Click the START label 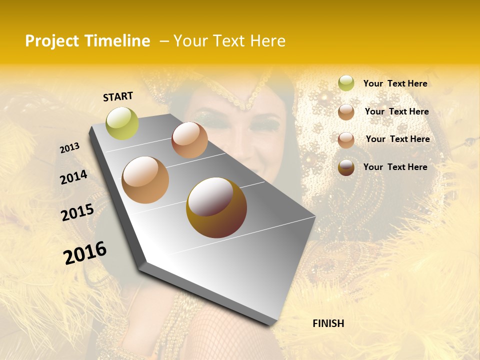tap(118, 96)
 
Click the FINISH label tap(328, 323)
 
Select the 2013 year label tap(70, 148)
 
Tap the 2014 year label tap(73, 177)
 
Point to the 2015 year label tap(77, 212)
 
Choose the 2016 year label tap(85, 252)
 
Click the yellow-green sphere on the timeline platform tap(122, 123)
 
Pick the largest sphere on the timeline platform tap(216, 207)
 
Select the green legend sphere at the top tap(346, 83)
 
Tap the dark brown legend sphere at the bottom tap(346, 167)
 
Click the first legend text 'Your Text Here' tap(395, 83)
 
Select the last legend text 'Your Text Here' tap(395, 167)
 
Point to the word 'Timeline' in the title tap(117, 41)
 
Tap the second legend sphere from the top tap(346, 112)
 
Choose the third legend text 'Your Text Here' tap(397, 139)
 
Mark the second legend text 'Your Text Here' tap(396, 111)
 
